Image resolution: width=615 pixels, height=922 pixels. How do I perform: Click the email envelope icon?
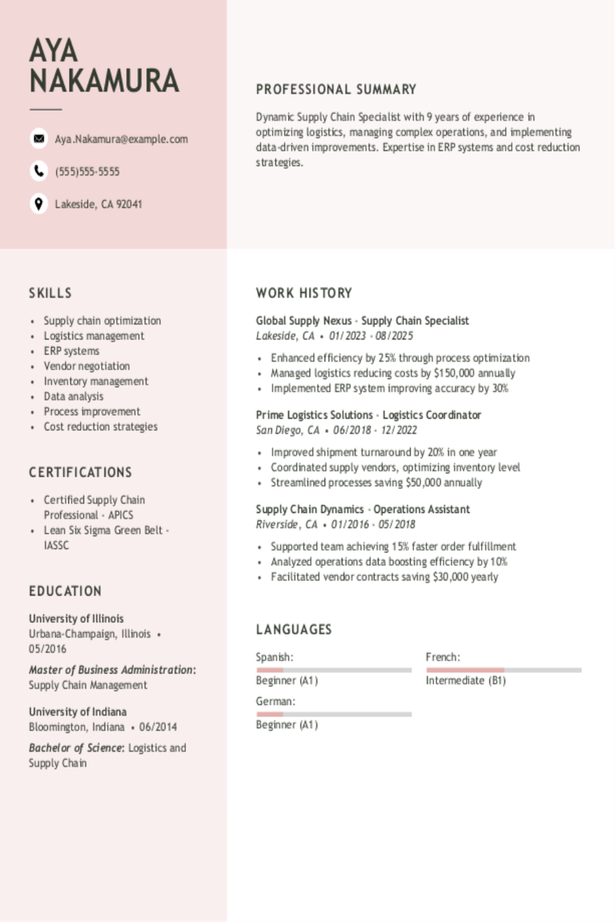[38, 138]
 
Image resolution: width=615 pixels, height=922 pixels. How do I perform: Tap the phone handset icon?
[38, 171]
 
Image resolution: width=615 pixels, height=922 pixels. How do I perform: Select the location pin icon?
[38, 204]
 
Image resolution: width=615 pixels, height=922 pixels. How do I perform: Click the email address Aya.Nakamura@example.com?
[121, 139]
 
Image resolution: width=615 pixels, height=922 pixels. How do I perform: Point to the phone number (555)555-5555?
[87, 172]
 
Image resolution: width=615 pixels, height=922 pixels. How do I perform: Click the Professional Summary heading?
[336, 90]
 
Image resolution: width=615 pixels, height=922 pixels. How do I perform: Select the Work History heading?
[304, 293]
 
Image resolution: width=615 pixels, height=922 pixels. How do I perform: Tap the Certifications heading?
[81, 472]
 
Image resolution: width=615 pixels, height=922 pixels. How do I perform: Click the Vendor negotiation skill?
[86, 367]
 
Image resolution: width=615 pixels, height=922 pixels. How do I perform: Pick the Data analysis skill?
[74, 397]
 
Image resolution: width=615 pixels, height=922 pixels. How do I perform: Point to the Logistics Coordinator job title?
[432, 415]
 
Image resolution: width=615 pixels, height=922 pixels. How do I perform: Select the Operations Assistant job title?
[422, 510]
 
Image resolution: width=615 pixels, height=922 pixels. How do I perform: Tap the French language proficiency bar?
[504, 670]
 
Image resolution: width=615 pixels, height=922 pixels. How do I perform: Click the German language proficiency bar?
[334, 714]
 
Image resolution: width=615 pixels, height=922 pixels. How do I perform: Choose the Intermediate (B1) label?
[465, 681]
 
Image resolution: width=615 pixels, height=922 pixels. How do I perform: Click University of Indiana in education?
[78, 712]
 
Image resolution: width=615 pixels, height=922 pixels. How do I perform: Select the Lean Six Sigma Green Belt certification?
[106, 531]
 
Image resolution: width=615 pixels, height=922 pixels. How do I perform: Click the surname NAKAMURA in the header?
[104, 82]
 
